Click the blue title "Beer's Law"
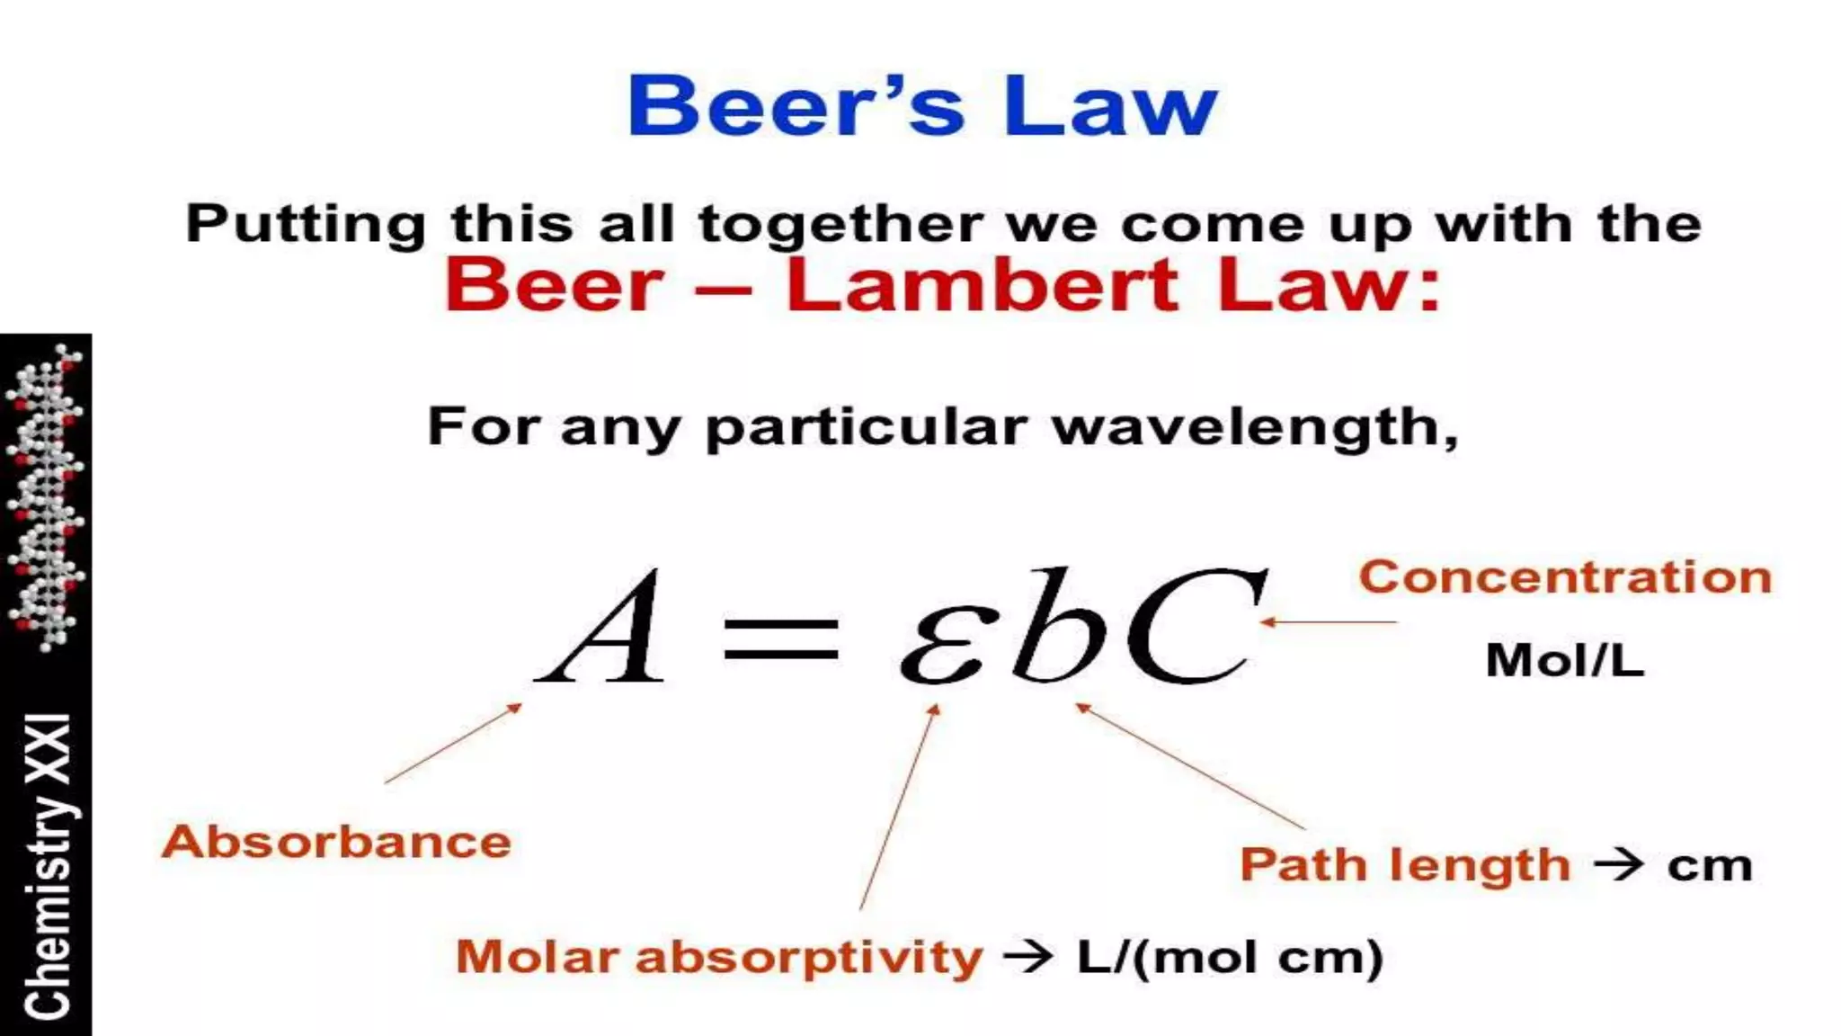921,106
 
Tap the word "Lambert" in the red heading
982,285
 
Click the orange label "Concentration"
1565,576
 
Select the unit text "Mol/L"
1565,661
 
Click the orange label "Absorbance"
336,843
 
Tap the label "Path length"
1405,865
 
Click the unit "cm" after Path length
1710,866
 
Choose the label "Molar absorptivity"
719,957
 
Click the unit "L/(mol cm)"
1230,957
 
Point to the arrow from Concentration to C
1329,621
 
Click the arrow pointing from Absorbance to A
453,744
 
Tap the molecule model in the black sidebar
47,496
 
